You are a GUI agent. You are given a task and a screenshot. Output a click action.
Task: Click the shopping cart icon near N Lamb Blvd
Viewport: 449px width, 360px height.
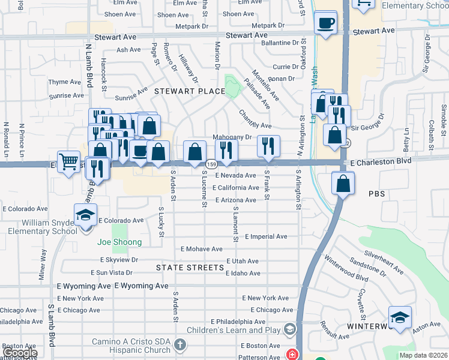(68, 161)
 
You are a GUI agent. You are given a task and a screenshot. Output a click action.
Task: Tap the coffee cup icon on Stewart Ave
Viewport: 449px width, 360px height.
(325, 23)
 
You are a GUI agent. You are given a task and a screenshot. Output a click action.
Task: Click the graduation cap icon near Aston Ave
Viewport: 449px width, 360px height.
(400, 317)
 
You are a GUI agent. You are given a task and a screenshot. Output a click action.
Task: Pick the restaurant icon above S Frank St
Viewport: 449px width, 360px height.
(268, 146)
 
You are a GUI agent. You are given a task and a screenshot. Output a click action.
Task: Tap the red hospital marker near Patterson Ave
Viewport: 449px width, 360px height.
(292, 355)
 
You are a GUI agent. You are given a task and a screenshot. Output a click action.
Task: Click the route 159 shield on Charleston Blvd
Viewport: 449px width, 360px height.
(211, 164)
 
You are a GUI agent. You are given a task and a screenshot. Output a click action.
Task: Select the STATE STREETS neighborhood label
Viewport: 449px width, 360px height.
(190, 267)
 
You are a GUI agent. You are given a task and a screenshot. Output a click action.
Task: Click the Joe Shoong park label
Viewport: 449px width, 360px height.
(119, 242)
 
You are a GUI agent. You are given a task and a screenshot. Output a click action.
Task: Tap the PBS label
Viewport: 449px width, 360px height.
(378, 194)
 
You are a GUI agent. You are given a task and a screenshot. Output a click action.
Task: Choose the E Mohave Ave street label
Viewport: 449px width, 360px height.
(202, 249)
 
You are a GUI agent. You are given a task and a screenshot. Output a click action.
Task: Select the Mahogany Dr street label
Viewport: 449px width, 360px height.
(232, 137)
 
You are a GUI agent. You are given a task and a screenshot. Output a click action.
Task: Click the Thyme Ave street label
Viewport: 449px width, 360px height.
(64, 82)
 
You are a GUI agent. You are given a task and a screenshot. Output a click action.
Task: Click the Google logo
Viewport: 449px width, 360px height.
(20, 353)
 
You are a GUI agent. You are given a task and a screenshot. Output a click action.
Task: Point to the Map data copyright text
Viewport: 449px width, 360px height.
(423, 355)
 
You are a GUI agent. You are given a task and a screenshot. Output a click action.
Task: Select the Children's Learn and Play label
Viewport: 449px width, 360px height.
(234, 330)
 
